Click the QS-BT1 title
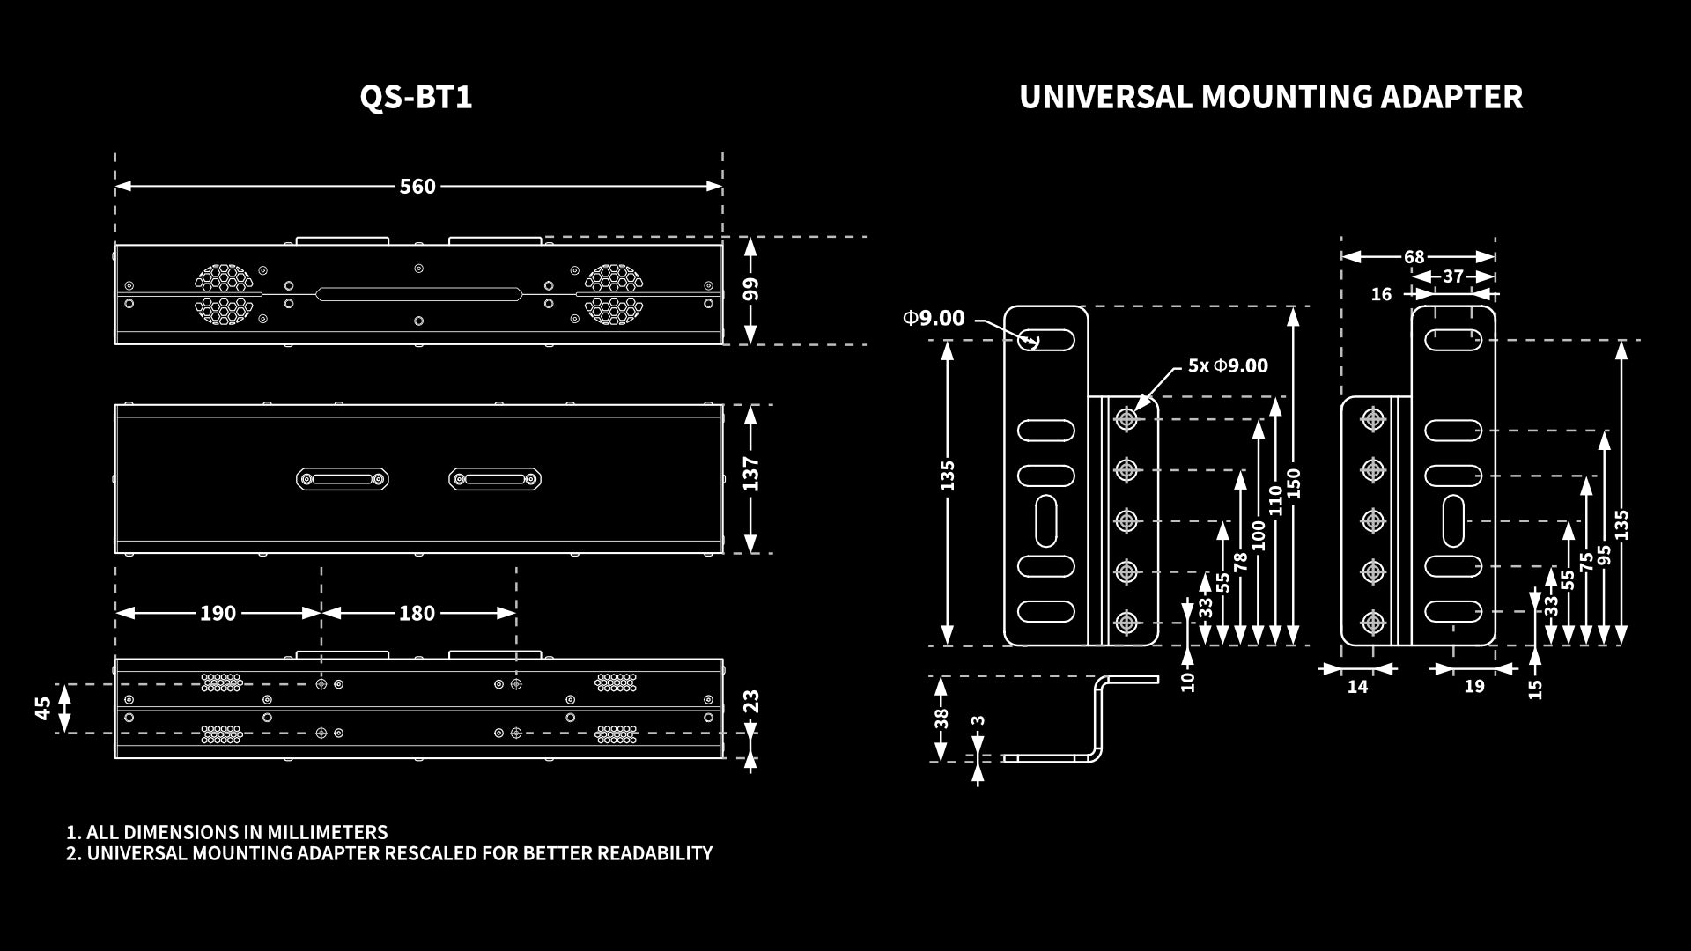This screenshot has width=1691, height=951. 416,97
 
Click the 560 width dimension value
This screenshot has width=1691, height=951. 417,187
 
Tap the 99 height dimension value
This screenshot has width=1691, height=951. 751,290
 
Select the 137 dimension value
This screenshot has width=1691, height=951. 751,474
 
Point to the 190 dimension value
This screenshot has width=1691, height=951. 218,613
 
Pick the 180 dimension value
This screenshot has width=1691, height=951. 417,613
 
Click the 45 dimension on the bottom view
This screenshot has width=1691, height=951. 43,708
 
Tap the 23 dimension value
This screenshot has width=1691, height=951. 751,702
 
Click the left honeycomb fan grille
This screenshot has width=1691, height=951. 224,294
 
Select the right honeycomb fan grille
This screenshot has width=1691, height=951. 613,294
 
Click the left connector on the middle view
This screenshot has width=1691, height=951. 343,479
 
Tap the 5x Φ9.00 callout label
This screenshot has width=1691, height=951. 1228,365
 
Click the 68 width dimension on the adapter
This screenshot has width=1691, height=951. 1414,257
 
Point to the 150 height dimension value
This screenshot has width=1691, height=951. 1294,483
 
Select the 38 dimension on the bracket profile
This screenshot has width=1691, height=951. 941,719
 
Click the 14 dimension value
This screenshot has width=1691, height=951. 1357,687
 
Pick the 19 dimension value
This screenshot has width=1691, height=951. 1473,687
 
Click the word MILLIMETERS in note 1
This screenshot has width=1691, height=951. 327,832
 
